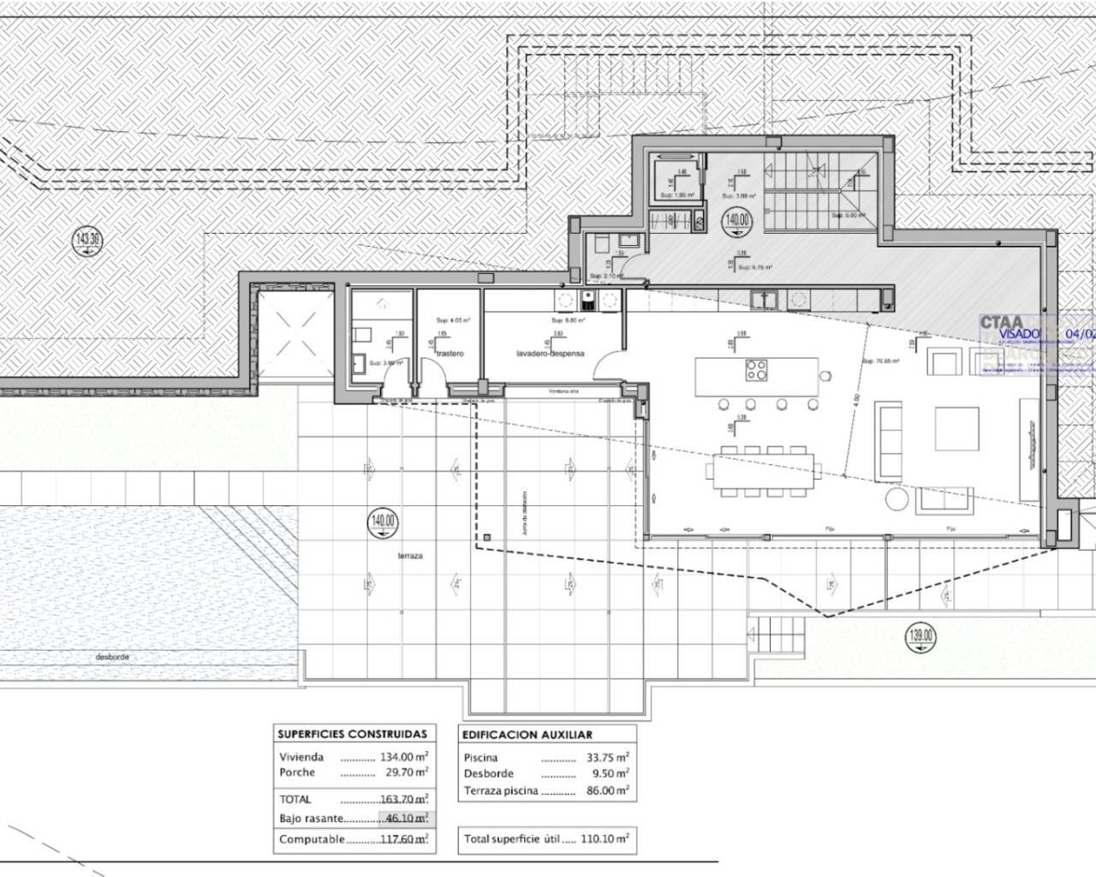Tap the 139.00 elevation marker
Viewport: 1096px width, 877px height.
(921, 635)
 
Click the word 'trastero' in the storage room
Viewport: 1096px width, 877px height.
(449, 353)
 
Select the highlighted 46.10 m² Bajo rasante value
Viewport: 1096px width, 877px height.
(404, 819)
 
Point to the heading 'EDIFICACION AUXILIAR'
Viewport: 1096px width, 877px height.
(527, 735)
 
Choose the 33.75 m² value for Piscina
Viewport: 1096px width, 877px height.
(606, 757)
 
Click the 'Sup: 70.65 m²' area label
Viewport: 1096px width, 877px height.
(880, 361)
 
